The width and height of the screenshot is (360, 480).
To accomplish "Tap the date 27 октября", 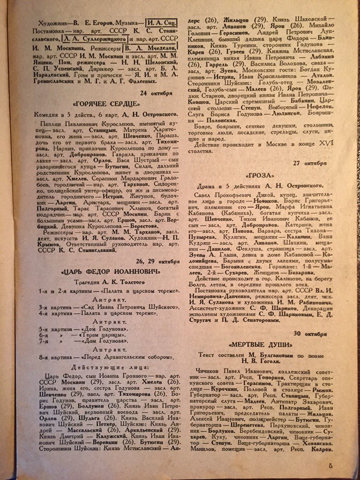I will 311,163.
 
